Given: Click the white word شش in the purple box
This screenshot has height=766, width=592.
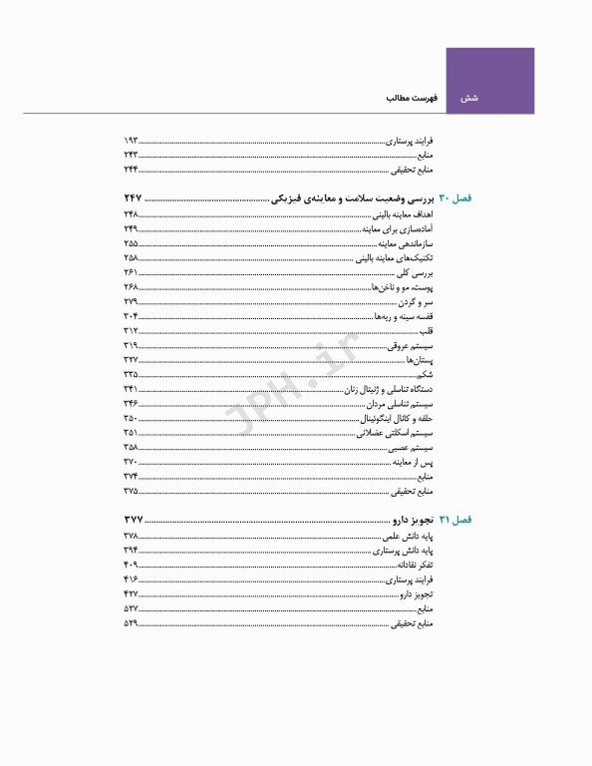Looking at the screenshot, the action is click(x=469, y=99).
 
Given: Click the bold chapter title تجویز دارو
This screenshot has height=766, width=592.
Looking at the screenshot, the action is click(x=411, y=521).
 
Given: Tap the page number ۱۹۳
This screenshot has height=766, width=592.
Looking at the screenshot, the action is click(x=131, y=142).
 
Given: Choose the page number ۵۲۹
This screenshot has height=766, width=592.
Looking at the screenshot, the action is click(x=131, y=623).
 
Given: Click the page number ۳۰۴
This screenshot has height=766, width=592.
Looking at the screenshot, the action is click(x=131, y=315).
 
